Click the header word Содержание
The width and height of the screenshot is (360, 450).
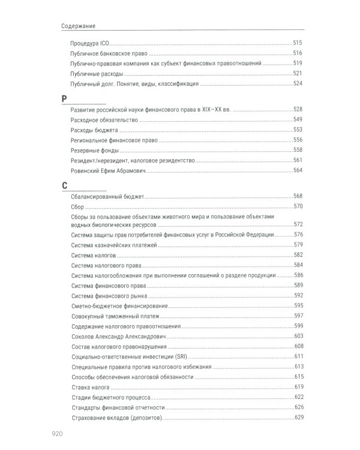pyautogui.click(x=79, y=26)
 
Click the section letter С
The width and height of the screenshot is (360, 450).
pyautogui.click(x=65, y=185)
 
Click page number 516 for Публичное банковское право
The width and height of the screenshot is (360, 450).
pyautogui.click(x=298, y=53)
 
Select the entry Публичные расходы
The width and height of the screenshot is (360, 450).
pyautogui.click(x=97, y=74)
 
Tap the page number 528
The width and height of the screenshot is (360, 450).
pyautogui.click(x=298, y=110)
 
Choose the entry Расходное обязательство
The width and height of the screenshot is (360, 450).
pyautogui.click(x=104, y=120)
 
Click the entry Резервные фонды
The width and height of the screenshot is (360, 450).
pyautogui.click(x=94, y=150)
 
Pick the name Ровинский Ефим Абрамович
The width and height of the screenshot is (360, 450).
pyautogui.click(x=109, y=170)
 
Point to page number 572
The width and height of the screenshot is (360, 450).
pyautogui.click(x=298, y=224)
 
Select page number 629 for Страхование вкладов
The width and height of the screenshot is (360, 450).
pyautogui.click(x=298, y=418)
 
